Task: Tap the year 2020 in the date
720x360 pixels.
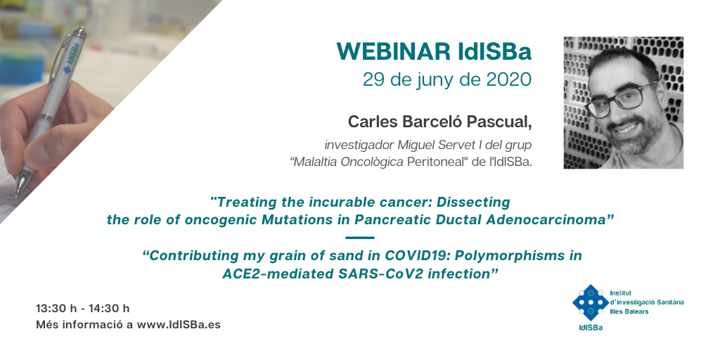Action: [x=509, y=80]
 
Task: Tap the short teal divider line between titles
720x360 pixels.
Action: [x=359, y=238]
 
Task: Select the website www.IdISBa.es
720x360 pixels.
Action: [x=179, y=325]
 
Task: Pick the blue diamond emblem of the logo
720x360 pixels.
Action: [x=591, y=302]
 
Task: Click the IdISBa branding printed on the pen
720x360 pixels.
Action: [x=72, y=58]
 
